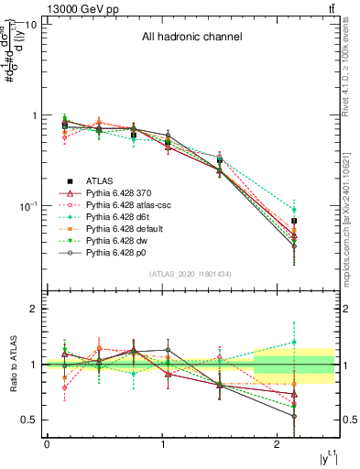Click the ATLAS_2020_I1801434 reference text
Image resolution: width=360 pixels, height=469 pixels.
pyautogui.click(x=191, y=274)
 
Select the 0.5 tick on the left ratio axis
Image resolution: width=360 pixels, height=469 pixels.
pyautogui.click(x=28, y=420)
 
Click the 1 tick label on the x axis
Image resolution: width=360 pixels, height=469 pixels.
pyautogui.click(x=162, y=444)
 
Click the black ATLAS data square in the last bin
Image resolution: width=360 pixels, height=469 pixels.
pyautogui.click(x=294, y=221)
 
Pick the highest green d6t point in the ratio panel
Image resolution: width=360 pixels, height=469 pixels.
pyautogui.click(x=294, y=343)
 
